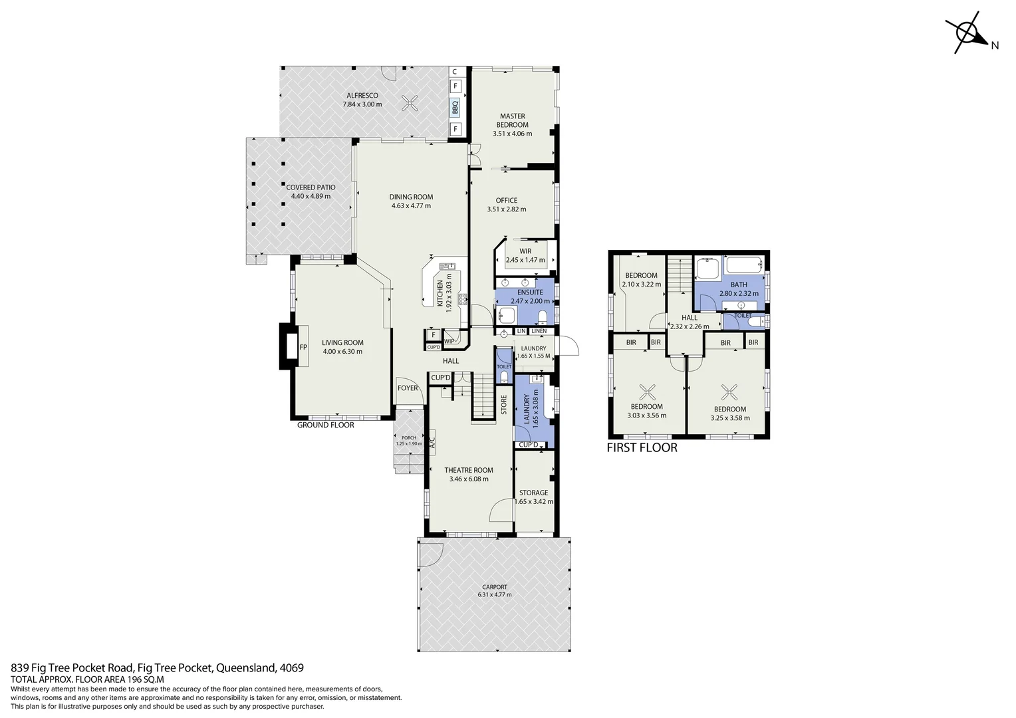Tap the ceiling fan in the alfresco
[x=410, y=102]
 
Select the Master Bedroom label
[x=512, y=120]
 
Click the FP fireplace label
[x=303, y=347]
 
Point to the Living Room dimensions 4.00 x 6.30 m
[x=342, y=352]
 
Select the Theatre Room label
[x=469, y=470]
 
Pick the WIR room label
[x=525, y=251]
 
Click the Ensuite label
[x=531, y=293]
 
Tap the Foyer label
[x=408, y=388]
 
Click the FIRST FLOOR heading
[x=642, y=447]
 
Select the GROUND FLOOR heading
[x=325, y=425]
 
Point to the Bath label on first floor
[x=739, y=285]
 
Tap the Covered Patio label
[x=311, y=187]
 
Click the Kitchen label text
[x=440, y=293]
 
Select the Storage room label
[x=533, y=493]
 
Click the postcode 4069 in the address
[x=293, y=667]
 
